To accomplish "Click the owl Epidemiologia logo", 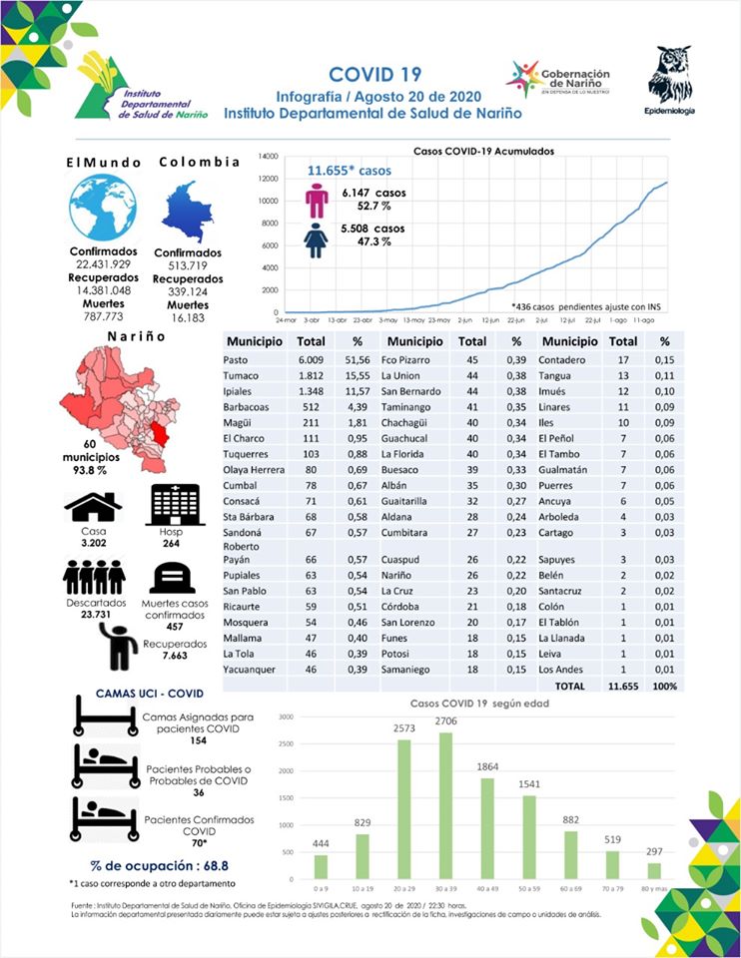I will [x=669, y=78].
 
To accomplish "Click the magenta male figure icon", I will [x=317, y=201].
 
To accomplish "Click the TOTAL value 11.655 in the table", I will [x=623, y=687].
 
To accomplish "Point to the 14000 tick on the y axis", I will [x=266, y=157].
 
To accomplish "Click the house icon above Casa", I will [x=93, y=506].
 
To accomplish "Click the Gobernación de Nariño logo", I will [x=558, y=79].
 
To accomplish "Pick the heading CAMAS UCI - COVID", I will [x=149, y=693].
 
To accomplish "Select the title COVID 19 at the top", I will [x=374, y=75].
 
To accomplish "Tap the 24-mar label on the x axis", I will [x=287, y=320].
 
